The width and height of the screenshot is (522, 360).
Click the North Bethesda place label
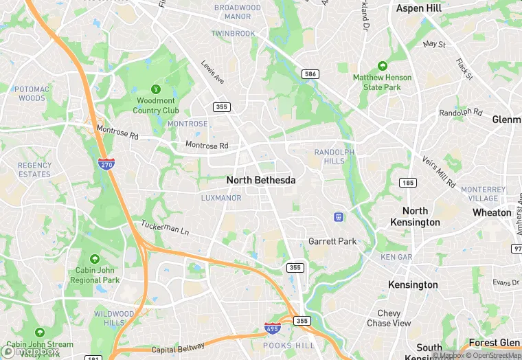(x=261, y=180)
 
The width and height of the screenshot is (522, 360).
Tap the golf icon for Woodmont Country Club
(x=156, y=89)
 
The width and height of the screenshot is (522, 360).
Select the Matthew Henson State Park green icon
(x=382, y=66)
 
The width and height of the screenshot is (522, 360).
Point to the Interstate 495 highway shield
(x=272, y=328)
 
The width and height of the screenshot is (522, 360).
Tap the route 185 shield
(x=408, y=182)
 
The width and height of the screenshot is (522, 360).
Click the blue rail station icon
(x=339, y=217)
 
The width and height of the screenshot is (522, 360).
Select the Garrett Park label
(x=332, y=241)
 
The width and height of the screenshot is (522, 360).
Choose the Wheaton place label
(x=492, y=212)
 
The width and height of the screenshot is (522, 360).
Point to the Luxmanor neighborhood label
(x=221, y=198)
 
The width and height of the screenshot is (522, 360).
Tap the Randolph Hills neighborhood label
(x=334, y=156)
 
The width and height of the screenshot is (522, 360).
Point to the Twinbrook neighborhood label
(x=233, y=33)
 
